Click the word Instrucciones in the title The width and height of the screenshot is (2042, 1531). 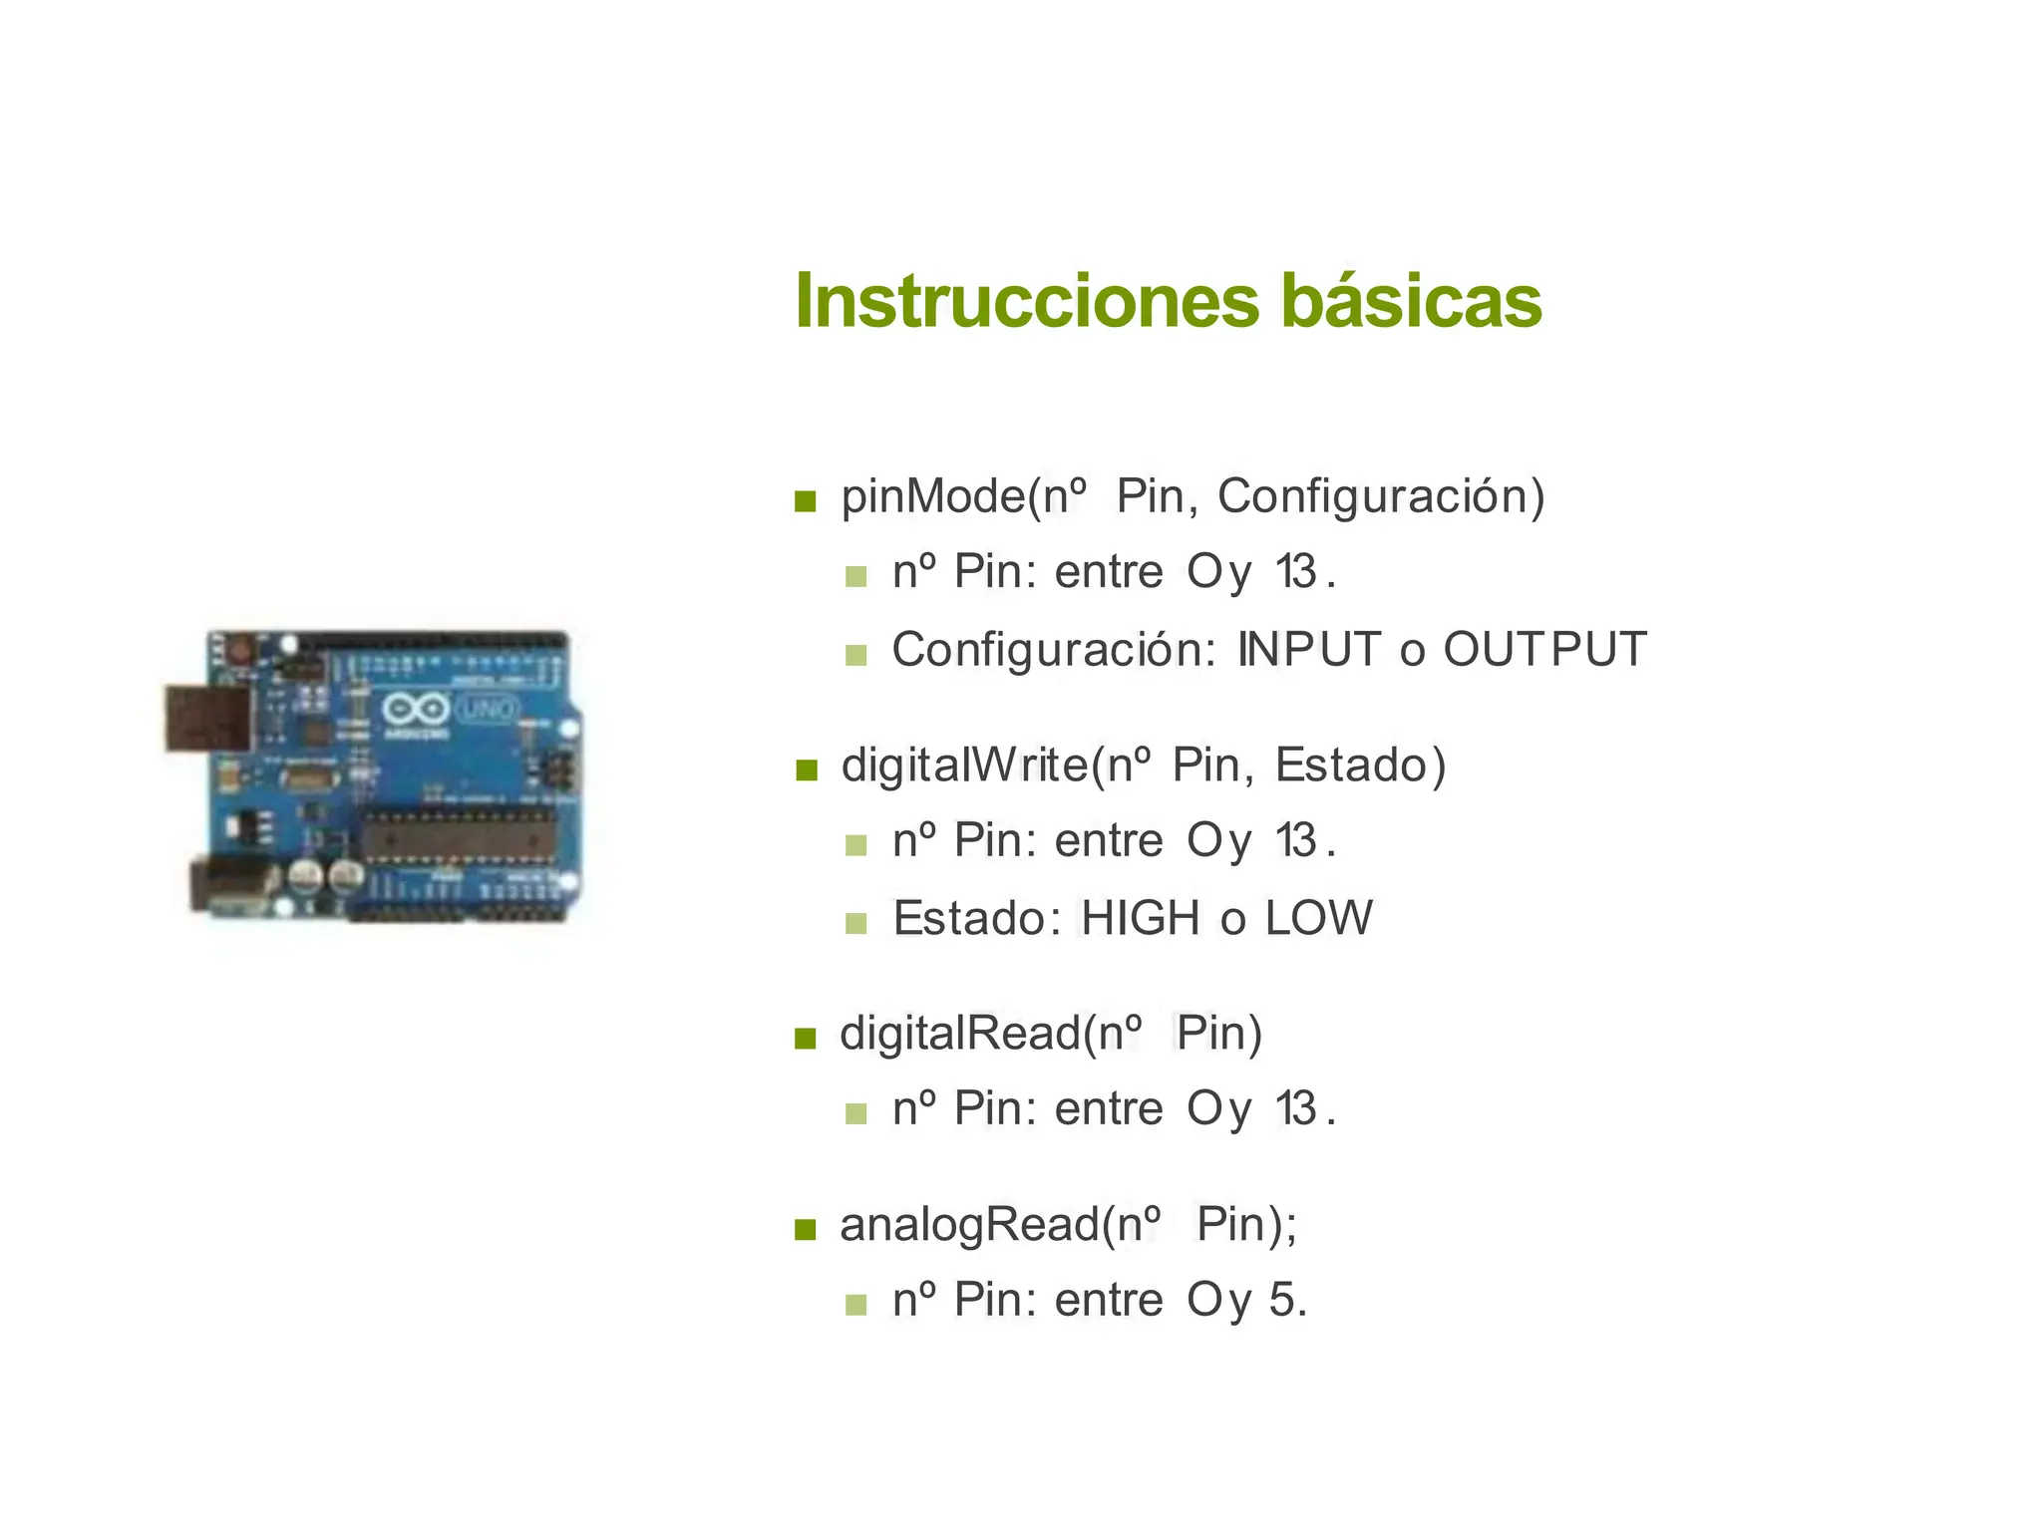click(x=1027, y=301)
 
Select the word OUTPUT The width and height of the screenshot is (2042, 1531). click(x=1544, y=650)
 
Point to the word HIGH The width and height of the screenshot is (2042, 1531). click(x=1141, y=918)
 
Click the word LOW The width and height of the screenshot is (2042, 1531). click(x=1318, y=918)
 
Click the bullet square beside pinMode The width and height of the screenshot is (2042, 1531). click(x=806, y=500)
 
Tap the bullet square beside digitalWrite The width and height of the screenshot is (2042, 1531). click(x=806, y=769)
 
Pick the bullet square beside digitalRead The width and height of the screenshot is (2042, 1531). click(x=806, y=1039)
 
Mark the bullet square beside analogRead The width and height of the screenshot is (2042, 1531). click(x=806, y=1229)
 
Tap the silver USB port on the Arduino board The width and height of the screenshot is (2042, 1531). click(x=207, y=717)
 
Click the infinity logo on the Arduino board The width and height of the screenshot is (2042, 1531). click(x=415, y=710)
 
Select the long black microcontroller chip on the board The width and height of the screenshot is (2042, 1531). click(x=458, y=835)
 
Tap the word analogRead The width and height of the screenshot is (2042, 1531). click(x=969, y=1225)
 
